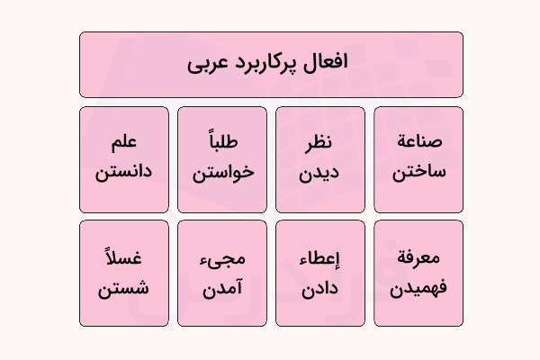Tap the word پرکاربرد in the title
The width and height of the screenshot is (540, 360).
[x=268, y=64]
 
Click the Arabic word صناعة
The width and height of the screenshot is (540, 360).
[x=418, y=143]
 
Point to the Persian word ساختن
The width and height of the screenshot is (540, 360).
[x=418, y=171]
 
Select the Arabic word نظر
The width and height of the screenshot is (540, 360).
[x=320, y=143]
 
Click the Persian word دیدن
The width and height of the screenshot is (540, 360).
[x=320, y=171]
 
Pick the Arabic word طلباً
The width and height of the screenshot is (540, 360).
[x=222, y=142]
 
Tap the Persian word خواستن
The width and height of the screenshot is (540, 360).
[x=222, y=171]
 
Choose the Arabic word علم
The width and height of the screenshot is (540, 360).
[x=124, y=143]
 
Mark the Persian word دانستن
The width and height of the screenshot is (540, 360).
[x=124, y=171]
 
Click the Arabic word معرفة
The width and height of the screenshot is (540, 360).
[x=418, y=258]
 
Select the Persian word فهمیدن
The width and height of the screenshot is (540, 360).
[x=418, y=289]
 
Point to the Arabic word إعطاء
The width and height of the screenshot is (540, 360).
[x=320, y=259]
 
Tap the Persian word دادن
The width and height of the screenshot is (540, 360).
[x=320, y=288]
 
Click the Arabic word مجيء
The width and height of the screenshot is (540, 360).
[x=222, y=260]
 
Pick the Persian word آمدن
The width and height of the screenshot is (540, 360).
[x=222, y=288]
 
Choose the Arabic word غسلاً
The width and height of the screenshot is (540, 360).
[x=124, y=258]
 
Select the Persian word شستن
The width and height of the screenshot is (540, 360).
[x=124, y=288]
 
